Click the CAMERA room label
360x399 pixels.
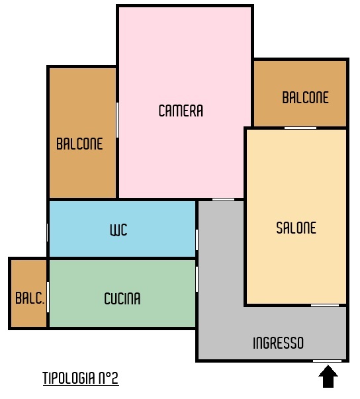181,111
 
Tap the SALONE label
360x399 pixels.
296,228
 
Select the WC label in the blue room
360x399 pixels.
118,230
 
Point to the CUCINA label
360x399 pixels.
122,298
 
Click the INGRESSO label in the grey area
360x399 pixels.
279,343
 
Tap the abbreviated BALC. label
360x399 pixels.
30,298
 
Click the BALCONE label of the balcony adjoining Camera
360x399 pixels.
79,144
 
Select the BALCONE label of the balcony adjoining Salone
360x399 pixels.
306,97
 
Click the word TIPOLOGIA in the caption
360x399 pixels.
69,378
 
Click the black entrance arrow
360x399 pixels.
328,377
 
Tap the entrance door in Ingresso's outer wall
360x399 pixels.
327,361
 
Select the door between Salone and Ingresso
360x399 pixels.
325,305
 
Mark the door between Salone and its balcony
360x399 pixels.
300,128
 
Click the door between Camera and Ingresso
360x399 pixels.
224,200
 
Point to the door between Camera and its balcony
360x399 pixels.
117,120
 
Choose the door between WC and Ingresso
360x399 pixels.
197,240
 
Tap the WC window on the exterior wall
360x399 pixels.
48,232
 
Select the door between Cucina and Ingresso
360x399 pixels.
197,279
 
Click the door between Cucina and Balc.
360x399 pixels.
48,297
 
